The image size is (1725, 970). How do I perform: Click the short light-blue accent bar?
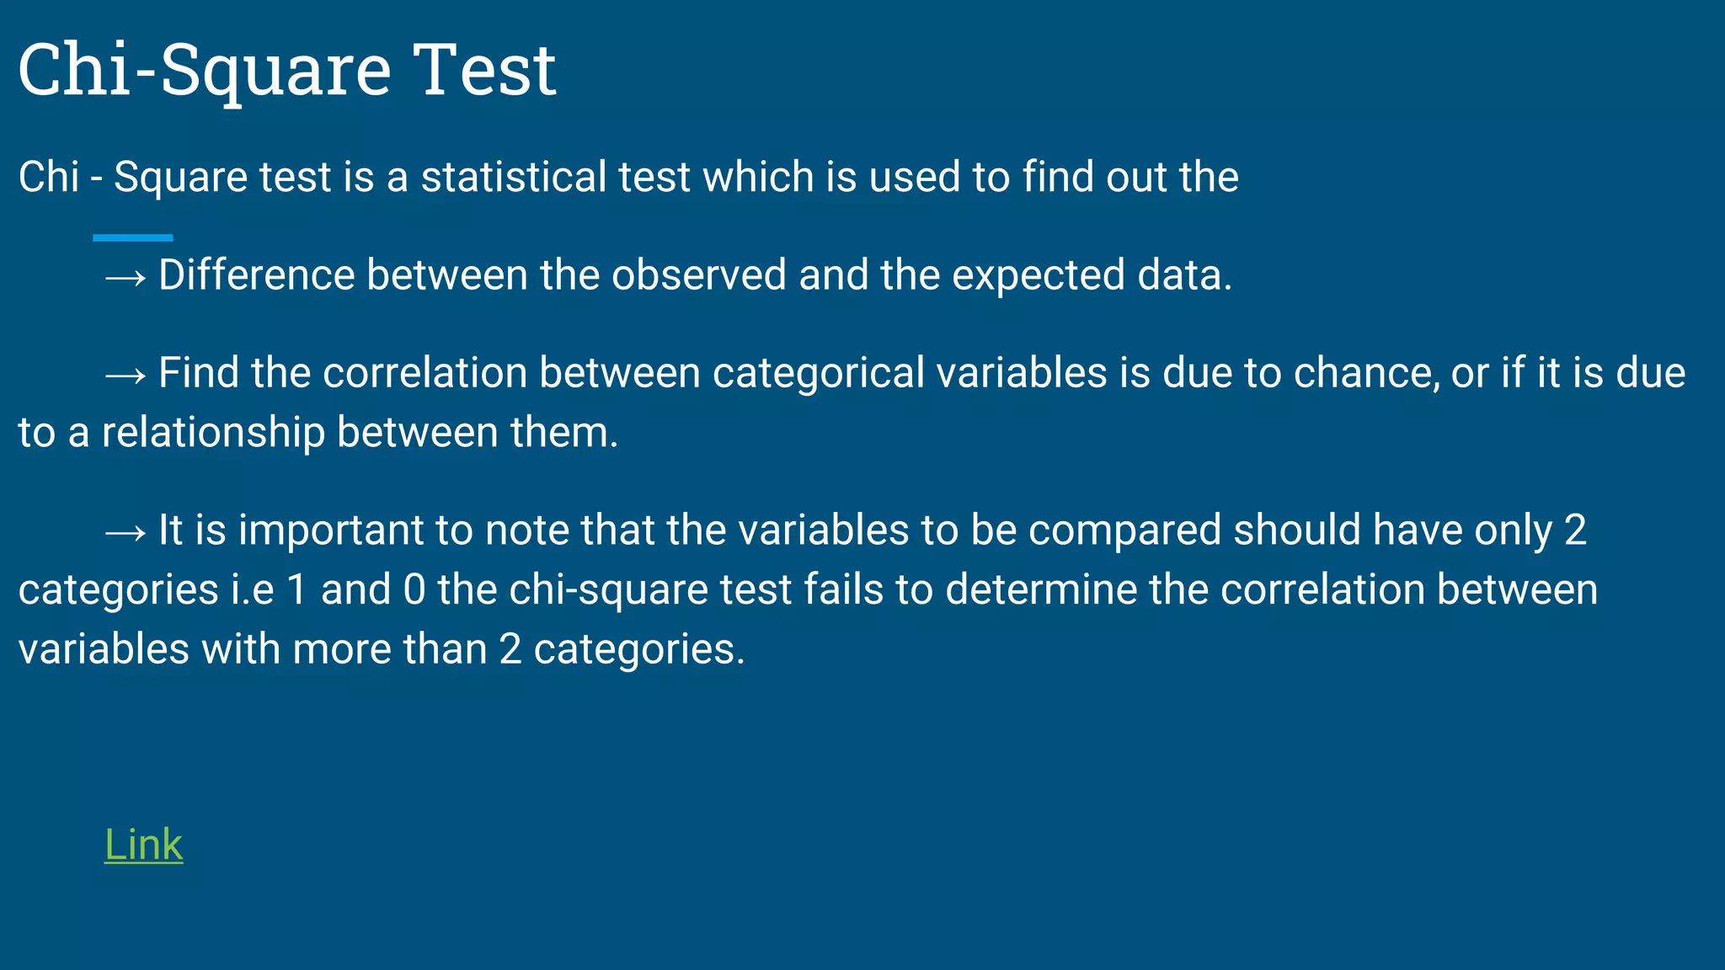click(133, 238)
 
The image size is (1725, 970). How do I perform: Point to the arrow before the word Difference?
click(126, 277)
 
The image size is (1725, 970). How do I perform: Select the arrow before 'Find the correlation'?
click(126, 375)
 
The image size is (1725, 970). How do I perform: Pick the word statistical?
click(514, 177)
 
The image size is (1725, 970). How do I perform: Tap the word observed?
click(698, 275)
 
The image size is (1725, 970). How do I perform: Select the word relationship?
click(213, 433)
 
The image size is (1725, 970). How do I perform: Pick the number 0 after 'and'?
click(414, 589)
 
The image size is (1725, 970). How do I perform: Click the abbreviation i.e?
click(253, 589)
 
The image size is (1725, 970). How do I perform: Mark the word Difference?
click(256, 275)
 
